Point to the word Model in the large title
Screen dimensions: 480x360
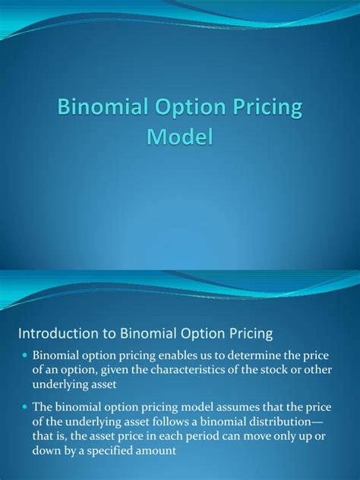[x=179, y=138]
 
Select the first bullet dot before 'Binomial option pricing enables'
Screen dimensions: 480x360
[x=26, y=355]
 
